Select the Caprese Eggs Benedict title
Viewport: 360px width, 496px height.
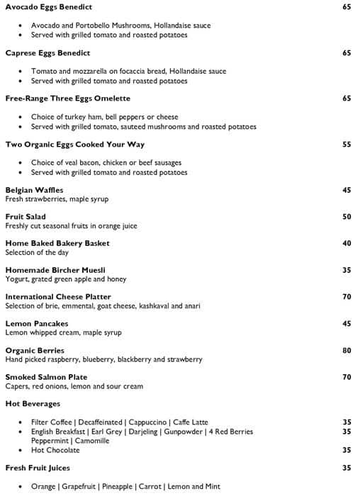tap(47, 53)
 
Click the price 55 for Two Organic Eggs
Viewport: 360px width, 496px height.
tap(347, 145)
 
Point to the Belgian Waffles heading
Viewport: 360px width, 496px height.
tap(34, 190)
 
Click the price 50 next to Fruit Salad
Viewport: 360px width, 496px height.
tap(347, 217)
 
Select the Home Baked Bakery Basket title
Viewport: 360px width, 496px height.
tap(57, 243)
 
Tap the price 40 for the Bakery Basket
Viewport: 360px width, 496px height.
tap(347, 243)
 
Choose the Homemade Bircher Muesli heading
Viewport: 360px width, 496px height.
tap(55, 270)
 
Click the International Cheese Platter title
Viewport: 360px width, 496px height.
tap(58, 297)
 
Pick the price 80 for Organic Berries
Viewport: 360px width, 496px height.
tap(347, 350)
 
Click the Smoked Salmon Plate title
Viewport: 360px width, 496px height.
tap(46, 377)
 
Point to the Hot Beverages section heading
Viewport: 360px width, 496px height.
tap(32, 404)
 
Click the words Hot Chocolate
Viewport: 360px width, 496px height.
tap(55, 450)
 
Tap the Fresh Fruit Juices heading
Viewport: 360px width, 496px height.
tap(38, 468)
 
